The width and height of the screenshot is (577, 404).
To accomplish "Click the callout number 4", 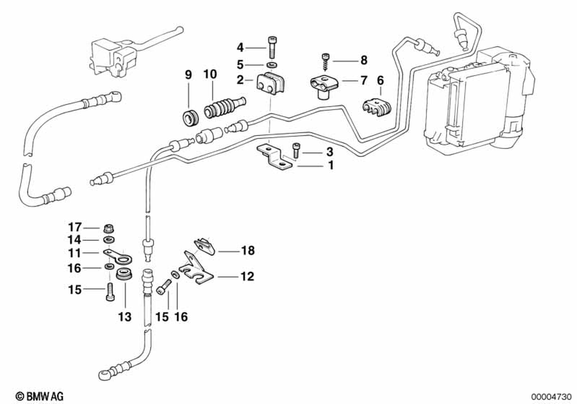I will point(240,47).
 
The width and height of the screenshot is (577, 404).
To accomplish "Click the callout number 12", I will point(247,277).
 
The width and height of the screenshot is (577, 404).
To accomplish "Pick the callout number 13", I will point(125,317).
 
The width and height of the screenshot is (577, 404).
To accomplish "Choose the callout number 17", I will point(76,226).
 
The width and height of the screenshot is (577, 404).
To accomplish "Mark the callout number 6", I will point(380,80).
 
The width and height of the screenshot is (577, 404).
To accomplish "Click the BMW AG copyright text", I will point(40,395).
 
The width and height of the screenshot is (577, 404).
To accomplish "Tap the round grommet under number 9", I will point(190,115).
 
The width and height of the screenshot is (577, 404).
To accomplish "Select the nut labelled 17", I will point(108,226).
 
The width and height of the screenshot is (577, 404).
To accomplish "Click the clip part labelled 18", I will point(202,247).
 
